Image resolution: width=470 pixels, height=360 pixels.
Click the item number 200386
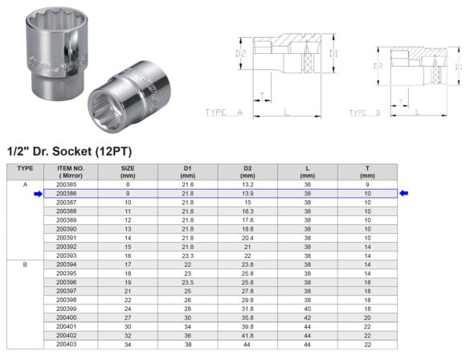pos(67,194)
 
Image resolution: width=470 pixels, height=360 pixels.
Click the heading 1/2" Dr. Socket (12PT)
pos(69,151)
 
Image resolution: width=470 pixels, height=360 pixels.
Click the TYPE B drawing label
pos(366,113)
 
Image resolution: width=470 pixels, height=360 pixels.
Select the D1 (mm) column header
pos(188,171)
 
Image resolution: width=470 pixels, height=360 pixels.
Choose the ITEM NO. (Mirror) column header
pos(67,171)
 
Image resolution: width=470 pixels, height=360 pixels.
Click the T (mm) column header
pos(367,171)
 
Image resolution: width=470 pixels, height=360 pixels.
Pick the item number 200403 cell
pos(67,344)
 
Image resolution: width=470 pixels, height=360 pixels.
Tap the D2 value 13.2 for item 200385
pos(247,185)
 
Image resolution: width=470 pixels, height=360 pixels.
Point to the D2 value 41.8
pos(247,335)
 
